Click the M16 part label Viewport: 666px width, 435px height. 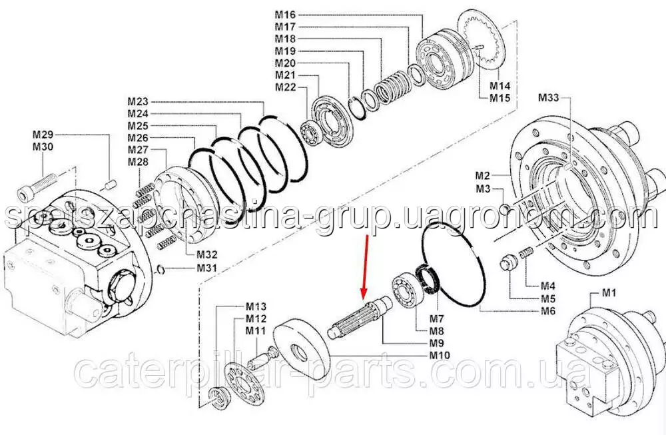click(x=285, y=15)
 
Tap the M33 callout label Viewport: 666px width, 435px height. click(x=549, y=98)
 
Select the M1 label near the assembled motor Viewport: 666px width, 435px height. click(x=609, y=292)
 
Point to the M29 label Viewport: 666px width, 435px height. click(x=43, y=135)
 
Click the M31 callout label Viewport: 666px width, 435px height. click(x=206, y=268)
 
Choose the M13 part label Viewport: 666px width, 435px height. click(x=256, y=306)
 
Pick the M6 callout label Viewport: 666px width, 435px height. click(x=548, y=311)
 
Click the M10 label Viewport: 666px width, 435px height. click(x=440, y=355)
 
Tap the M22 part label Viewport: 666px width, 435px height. click(x=286, y=87)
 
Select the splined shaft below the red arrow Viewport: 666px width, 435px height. click(x=361, y=317)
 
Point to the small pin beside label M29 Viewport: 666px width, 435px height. click(x=111, y=185)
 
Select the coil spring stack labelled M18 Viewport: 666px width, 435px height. click(x=392, y=87)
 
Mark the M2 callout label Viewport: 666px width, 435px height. click(x=482, y=175)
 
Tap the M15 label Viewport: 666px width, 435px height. click(x=500, y=98)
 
